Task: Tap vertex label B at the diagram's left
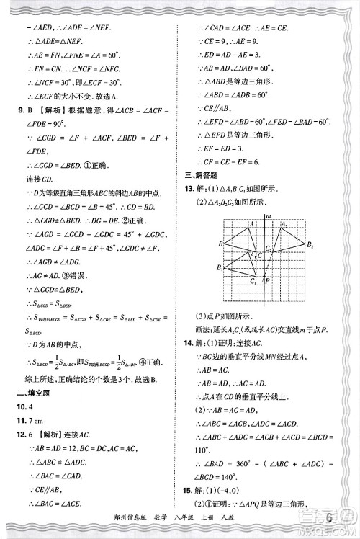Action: coord(220,245)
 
